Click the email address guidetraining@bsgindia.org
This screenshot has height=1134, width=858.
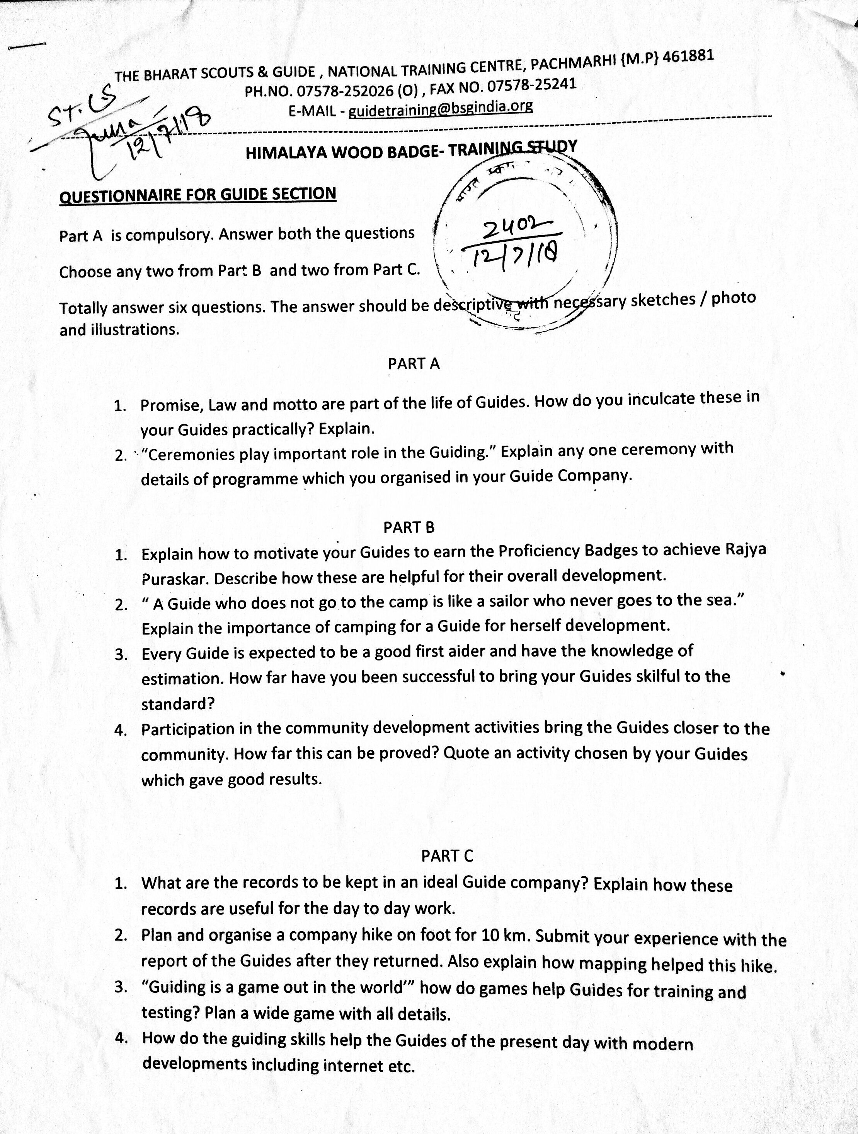coord(441,109)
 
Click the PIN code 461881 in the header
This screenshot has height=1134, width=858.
coord(688,56)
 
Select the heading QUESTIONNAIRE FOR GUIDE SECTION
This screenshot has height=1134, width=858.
coord(198,195)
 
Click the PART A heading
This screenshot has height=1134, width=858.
coord(414,363)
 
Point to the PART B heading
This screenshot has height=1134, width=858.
coord(409,527)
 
